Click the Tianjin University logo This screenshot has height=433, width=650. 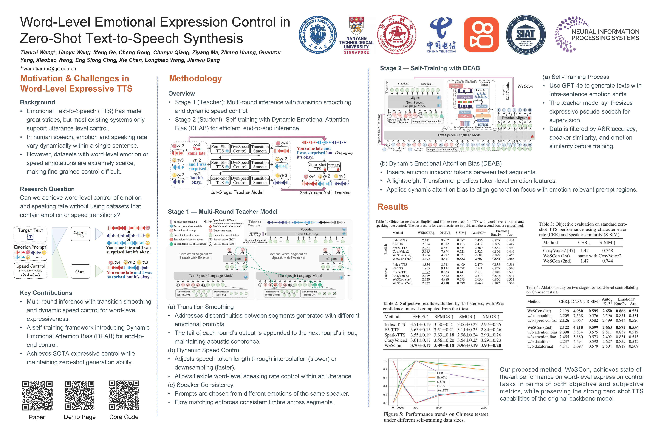tap(318, 35)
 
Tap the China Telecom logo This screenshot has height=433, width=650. tap(441, 35)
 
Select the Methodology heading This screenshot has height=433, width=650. tap(195, 79)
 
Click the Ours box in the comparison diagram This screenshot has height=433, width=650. tap(80, 272)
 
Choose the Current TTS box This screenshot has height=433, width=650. tap(80, 234)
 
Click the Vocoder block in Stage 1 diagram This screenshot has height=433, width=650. tap(306, 229)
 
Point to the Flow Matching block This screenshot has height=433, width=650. tap(306, 234)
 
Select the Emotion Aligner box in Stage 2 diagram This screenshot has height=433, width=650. tap(514, 118)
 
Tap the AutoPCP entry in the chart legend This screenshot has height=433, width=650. tap(443, 390)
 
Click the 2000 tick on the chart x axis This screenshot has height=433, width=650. tap(484, 408)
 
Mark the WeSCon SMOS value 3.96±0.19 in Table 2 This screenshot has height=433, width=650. tap(467, 345)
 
